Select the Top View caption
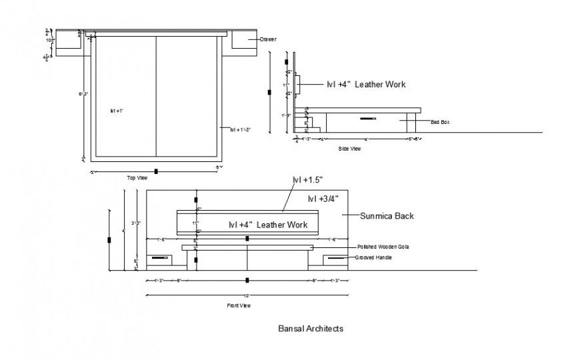(x=137, y=178)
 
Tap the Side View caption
(x=349, y=149)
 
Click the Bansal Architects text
(x=310, y=329)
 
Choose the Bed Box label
(x=441, y=122)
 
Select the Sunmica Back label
(x=387, y=216)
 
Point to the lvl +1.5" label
(x=307, y=180)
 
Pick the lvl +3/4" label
(x=323, y=199)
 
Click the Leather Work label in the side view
(x=366, y=85)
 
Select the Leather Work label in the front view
(x=268, y=225)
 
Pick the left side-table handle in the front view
(x=159, y=257)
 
